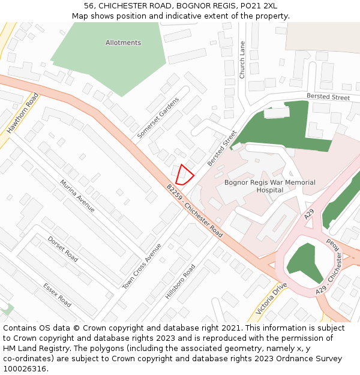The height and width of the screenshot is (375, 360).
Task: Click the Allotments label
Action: [123, 43]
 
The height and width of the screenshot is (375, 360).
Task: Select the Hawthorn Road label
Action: [23, 113]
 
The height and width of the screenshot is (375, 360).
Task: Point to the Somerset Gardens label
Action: [158, 118]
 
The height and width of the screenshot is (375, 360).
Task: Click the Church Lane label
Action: [242, 60]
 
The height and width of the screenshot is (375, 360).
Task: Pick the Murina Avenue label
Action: [77, 195]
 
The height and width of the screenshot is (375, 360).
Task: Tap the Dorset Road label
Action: [63, 249]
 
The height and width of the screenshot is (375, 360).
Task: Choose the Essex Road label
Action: [57, 295]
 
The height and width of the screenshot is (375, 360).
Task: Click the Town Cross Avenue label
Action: [142, 266]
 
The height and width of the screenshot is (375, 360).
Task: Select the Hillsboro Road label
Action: [180, 282]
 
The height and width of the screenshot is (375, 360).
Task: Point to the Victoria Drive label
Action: [272, 298]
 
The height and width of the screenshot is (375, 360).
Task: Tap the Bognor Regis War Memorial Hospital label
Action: [261, 186]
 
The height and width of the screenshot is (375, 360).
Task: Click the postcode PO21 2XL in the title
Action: [257, 5]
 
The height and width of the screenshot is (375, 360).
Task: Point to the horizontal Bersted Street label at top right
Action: [328, 97]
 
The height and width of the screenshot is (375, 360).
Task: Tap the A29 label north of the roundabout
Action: [309, 214]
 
